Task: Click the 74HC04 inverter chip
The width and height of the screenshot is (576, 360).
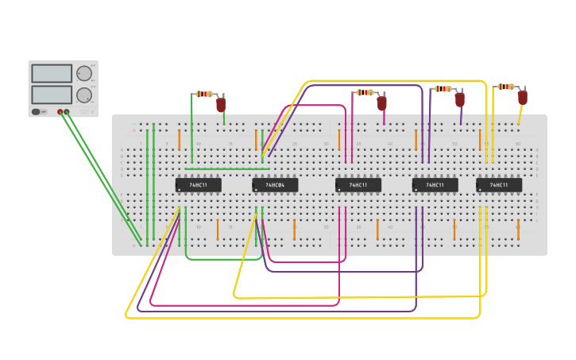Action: tap(275, 185)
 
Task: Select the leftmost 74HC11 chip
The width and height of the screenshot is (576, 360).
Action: tap(198, 185)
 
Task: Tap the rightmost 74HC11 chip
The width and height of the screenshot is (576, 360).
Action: tap(499, 185)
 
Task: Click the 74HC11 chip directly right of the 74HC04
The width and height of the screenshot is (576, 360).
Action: tap(358, 185)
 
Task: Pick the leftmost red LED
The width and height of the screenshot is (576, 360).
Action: tap(221, 104)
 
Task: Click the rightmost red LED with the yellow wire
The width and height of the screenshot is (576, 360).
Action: tap(522, 97)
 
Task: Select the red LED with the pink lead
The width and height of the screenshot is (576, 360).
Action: tap(382, 103)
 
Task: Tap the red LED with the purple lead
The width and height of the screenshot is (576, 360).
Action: tap(459, 99)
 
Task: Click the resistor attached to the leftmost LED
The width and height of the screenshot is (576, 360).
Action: tap(204, 94)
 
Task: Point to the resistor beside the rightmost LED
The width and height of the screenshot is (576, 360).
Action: tap(505, 87)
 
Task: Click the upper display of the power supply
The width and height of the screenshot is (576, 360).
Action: tap(52, 73)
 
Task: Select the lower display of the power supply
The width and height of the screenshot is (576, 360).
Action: tap(52, 95)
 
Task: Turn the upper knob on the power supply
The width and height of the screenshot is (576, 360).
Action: tap(83, 74)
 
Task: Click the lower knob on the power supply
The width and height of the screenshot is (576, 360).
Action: tap(83, 95)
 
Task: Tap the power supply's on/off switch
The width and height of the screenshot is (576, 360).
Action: tap(37, 112)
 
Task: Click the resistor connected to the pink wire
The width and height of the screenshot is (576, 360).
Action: tap(365, 92)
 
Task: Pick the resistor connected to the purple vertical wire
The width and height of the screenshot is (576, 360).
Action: tap(443, 89)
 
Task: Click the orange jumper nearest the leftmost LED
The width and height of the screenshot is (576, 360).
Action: tap(180, 139)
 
